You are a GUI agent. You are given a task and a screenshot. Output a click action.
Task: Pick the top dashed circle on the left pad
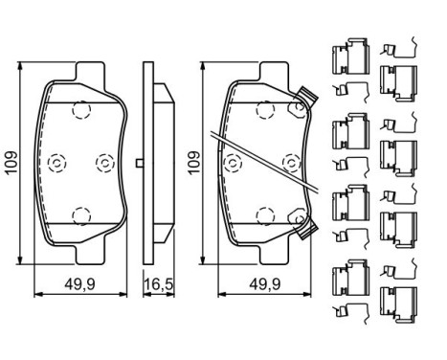(x=80, y=111)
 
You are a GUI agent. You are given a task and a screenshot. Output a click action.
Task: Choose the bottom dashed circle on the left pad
(x=80, y=212)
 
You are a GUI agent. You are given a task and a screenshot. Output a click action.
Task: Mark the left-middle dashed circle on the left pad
(x=55, y=164)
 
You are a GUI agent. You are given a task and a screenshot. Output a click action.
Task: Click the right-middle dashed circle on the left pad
(x=104, y=164)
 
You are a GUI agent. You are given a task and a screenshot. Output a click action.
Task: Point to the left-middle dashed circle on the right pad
(x=231, y=164)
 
